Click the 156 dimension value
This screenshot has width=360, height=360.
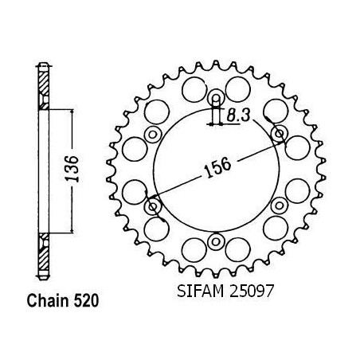click(217, 168)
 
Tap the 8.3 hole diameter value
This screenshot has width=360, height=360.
click(238, 116)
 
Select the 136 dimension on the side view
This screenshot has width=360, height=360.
click(72, 169)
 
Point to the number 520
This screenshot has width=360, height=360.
click(86, 301)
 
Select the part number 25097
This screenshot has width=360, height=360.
click(251, 292)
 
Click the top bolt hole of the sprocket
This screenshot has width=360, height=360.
click(216, 97)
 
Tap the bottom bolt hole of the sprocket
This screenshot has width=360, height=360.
click(216, 242)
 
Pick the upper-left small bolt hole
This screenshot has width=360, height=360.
click(153, 135)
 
